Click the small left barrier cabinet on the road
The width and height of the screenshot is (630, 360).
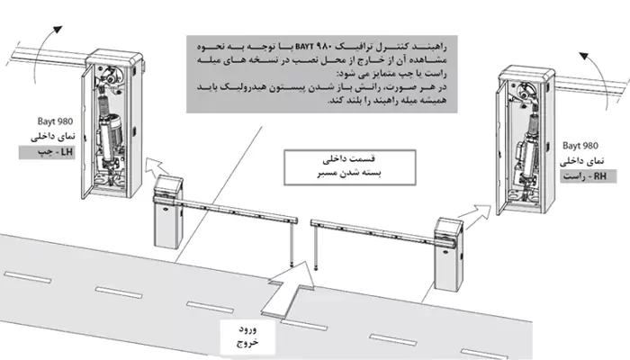tap(167, 218)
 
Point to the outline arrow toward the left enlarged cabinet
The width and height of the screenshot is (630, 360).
tap(161, 165)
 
